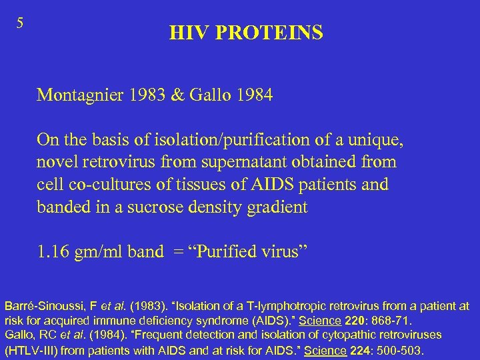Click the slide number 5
pyautogui.click(x=20, y=23)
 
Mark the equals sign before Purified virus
pyautogui.click(x=175, y=251)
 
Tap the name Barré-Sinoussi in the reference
pyautogui.click(x=43, y=306)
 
